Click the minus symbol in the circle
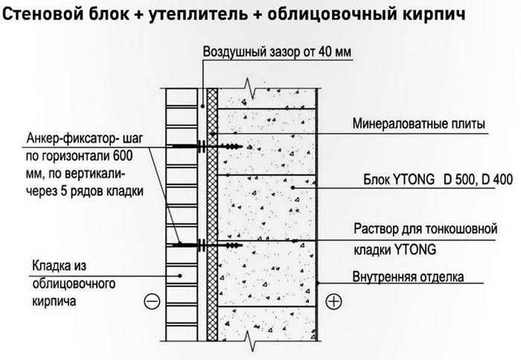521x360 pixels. (152, 301)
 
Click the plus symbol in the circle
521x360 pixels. (333, 301)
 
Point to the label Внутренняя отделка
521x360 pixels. (408, 277)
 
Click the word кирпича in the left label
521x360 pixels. (54, 302)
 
